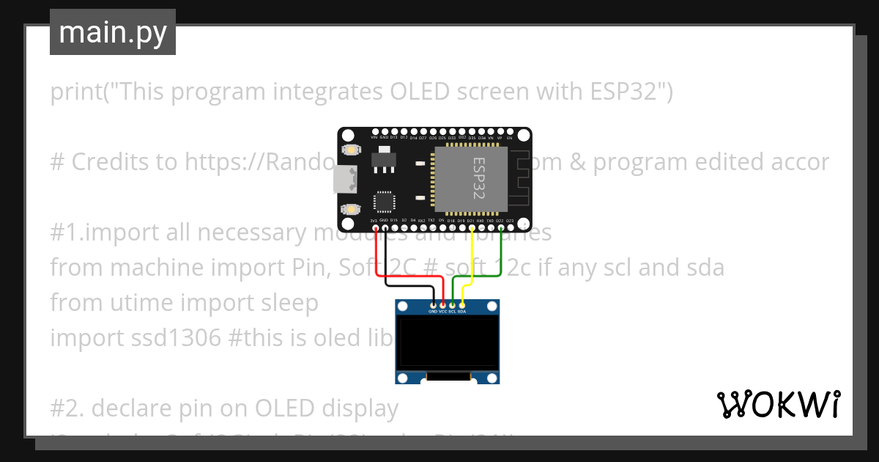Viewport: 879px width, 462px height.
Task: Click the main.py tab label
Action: pos(113,33)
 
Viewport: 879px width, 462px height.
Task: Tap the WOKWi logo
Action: pos(778,404)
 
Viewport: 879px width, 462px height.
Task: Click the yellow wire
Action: pos(472,257)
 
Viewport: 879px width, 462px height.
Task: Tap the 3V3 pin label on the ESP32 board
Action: pos(374,220)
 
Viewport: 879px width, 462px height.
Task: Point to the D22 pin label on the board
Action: pos(500,220)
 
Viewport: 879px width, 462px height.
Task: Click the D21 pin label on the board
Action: pos(471,220)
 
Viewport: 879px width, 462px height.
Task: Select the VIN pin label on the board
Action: pos(374,137)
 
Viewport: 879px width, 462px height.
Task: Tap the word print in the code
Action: pos(76,92)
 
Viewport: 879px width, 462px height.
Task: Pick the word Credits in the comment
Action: pos(109,162)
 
